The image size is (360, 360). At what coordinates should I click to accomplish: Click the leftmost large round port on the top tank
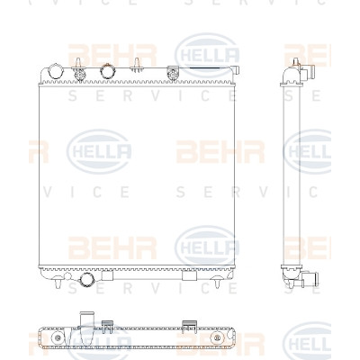[x=56, y=71]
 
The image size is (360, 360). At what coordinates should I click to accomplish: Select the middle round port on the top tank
[x=108, y=71]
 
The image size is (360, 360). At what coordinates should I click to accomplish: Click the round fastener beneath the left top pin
[x=80, y=75]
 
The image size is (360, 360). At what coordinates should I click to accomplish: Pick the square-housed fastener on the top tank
[x=173, y=74]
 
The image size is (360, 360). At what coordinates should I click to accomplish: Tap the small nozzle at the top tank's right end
[x=236, y=70]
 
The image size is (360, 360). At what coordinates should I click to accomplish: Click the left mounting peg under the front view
[x=58, y=283]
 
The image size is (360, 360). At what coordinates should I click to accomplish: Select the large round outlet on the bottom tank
[x=86, y=280]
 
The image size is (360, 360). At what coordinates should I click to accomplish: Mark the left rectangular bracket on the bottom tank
[x=107, y=275]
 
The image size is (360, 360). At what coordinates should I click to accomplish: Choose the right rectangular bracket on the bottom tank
[x=189, y=275]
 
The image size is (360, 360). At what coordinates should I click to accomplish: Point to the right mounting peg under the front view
[x=217, y=283]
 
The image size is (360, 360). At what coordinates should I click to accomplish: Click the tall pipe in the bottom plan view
[x=86, y=321]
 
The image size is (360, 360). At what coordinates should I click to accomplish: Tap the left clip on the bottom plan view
[x=107, y=327]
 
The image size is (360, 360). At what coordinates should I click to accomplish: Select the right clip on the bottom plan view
[x=190, y=327]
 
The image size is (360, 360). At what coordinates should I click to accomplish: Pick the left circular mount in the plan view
[x=57, y=338]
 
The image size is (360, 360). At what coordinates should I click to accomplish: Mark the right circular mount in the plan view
[x=216, y=338]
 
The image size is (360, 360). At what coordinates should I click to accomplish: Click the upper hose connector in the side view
[x=308, y=72]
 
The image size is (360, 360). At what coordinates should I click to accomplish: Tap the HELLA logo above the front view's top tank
[x=207, y=55]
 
